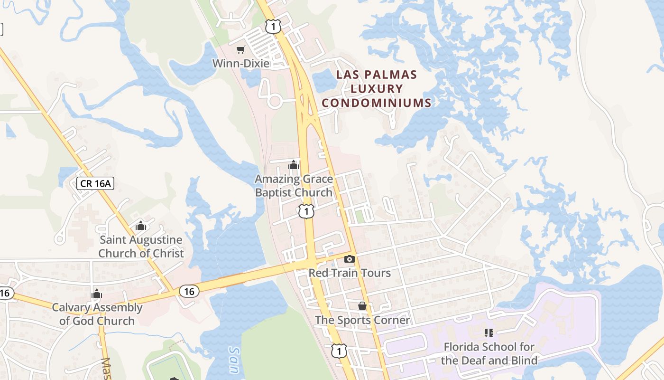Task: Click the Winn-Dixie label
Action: (240, 63)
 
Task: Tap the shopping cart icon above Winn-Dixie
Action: (241, 49)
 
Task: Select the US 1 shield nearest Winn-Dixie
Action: (273, 27)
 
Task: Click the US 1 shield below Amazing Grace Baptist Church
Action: (307, 211)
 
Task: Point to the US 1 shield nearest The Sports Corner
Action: (339, 351)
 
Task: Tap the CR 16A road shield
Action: (95, 183)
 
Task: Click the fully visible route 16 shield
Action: (189, 291)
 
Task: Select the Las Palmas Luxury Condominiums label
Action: (377, 88)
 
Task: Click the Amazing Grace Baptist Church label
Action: (294, 186)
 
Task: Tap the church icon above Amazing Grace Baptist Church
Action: (294, 165)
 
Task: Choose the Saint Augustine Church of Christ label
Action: (141, 247)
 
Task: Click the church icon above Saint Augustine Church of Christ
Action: (140, 226)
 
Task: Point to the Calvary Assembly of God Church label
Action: (97, 314)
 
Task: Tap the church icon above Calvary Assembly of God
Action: (97, 294)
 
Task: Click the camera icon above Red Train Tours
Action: (350, 259)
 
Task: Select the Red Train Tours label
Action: (350, 273)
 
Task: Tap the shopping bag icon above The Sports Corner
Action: (362, 306)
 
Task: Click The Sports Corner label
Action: (362, 320)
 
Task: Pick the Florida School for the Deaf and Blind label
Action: (489, 353)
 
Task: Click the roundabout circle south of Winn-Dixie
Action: (274, 101)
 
